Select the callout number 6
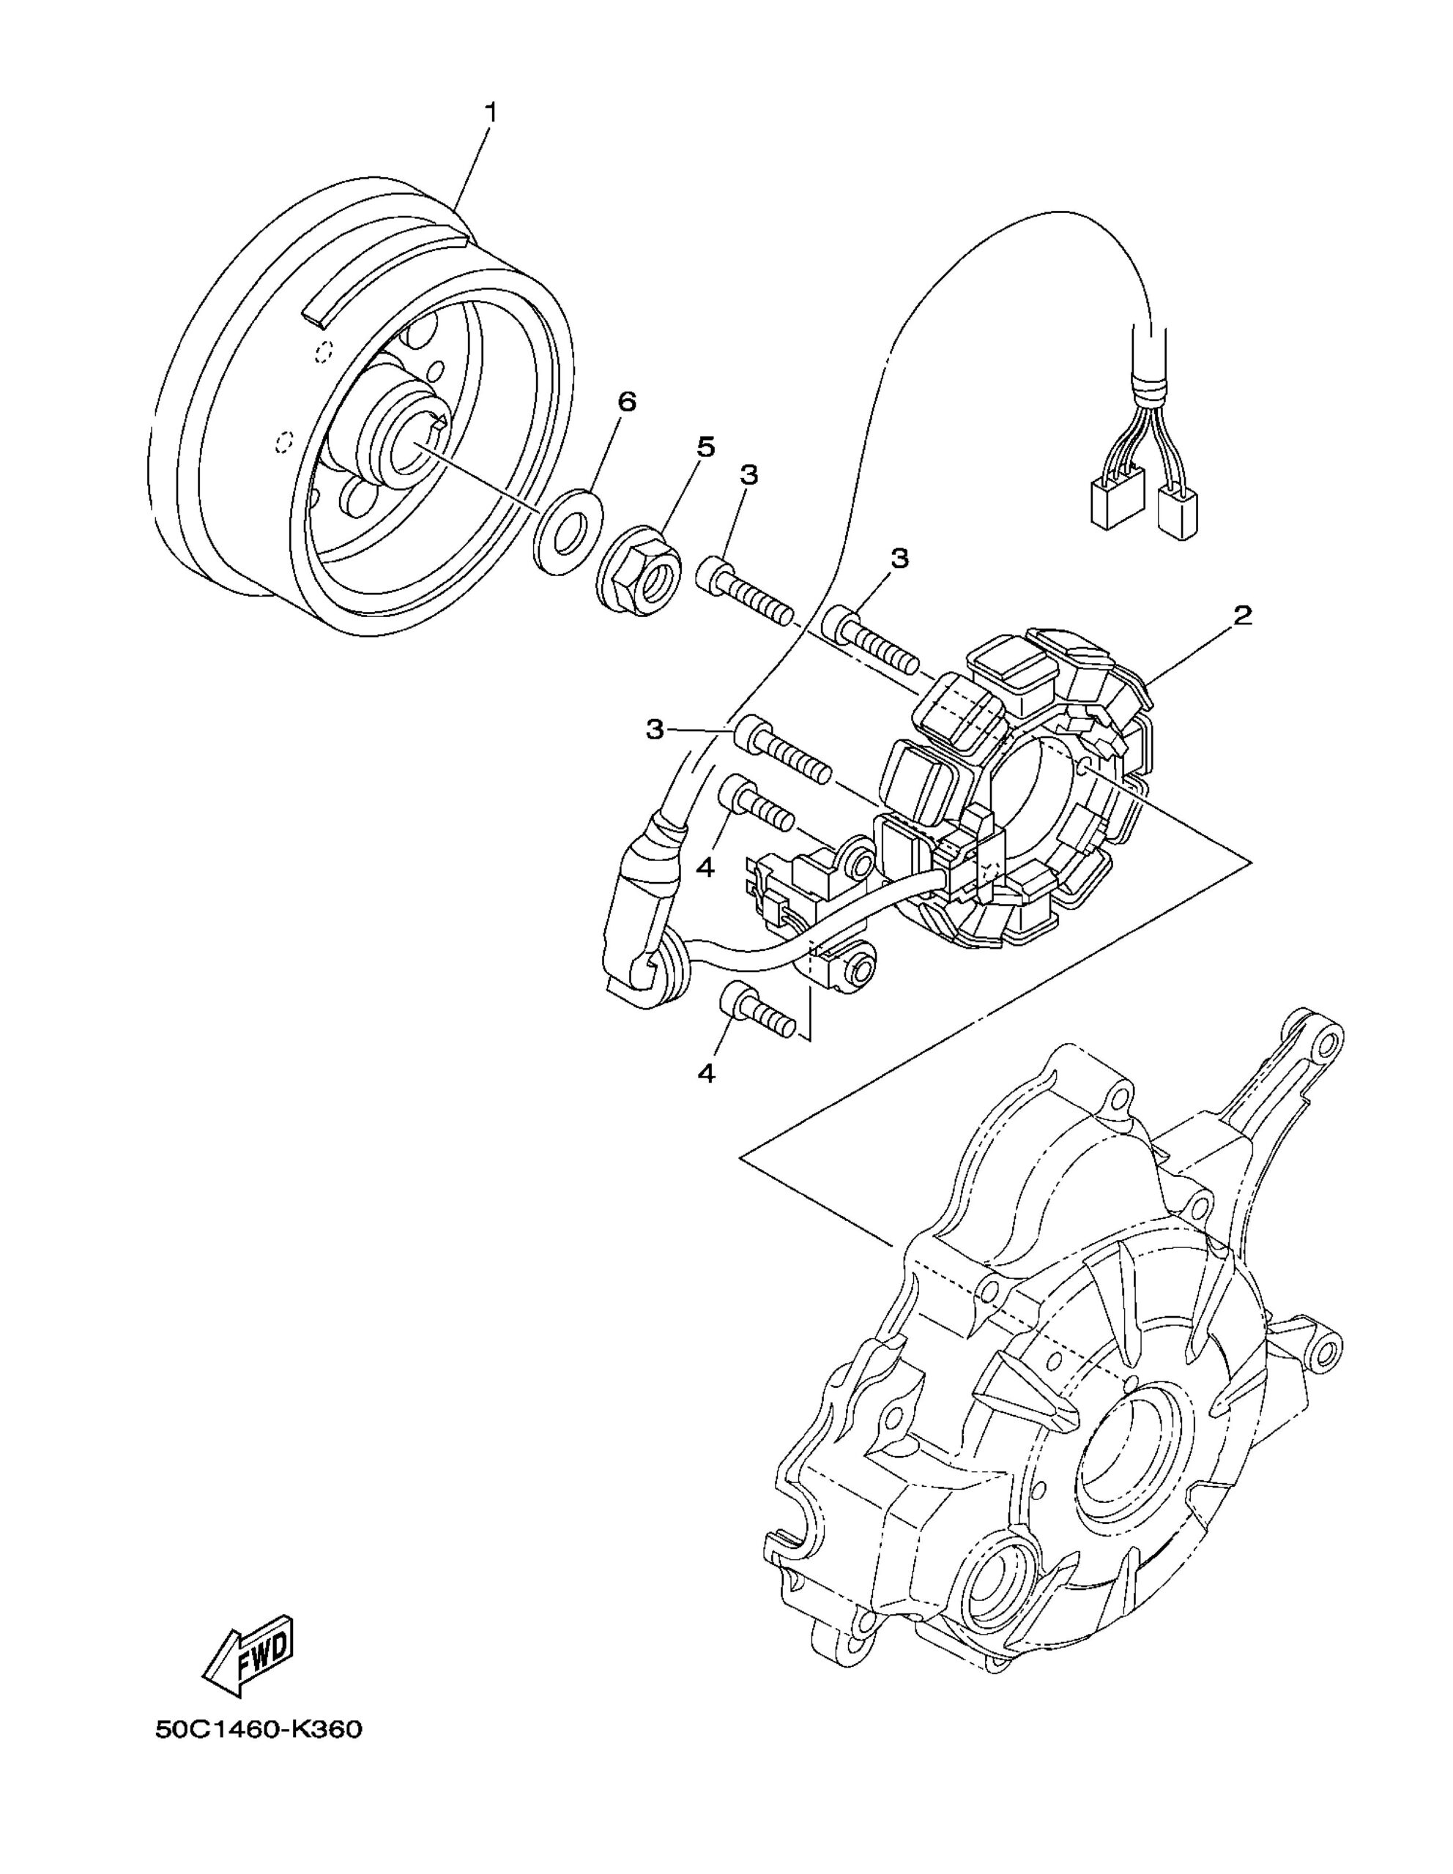click(628, 402)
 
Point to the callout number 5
click(705, 447)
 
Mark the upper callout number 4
click(705, 867)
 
